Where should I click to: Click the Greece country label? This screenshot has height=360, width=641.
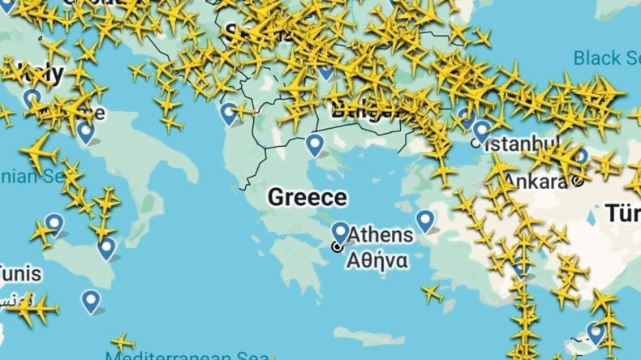308,197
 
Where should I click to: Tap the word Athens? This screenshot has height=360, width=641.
381,236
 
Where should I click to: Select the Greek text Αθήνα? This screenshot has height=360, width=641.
377,260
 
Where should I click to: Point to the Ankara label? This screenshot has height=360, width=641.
535,180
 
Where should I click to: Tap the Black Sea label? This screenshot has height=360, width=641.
606,58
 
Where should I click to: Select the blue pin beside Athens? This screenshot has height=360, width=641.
340,234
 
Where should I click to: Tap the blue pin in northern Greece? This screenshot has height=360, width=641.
314,146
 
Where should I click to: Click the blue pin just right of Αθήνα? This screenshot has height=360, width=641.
425,220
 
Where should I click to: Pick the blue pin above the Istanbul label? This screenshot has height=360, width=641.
482,130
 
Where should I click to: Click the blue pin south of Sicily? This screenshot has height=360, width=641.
91,302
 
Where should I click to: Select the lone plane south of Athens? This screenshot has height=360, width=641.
432,293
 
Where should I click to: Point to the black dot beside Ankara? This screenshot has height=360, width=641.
575,181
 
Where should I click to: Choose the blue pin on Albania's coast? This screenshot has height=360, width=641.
230,114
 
